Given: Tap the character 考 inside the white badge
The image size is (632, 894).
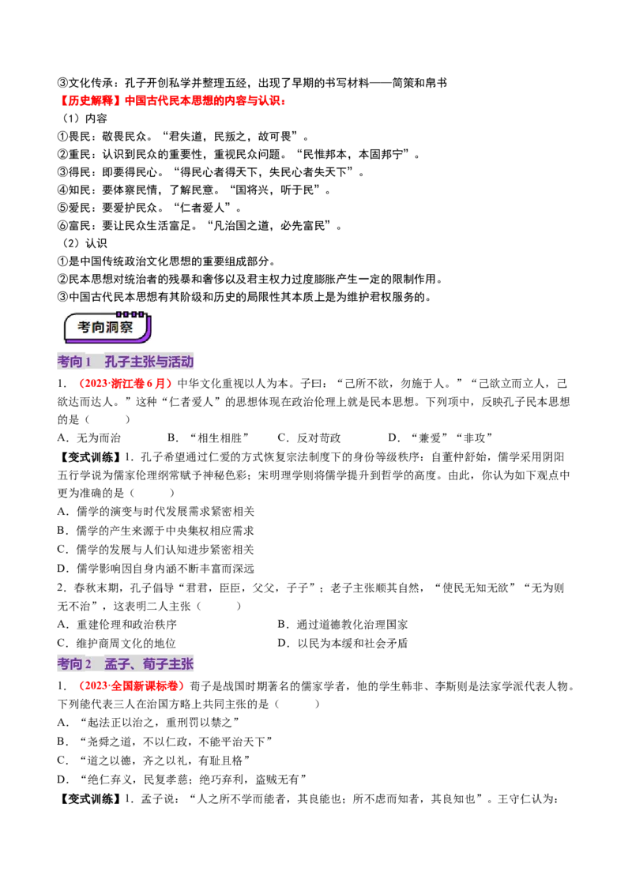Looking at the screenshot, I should pyautogui.click(x=85, y=327).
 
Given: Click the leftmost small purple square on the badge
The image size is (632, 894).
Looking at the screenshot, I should pyautogui.click(x=118, y=314).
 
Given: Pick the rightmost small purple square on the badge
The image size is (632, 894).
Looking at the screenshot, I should pyautogui.click(x=142, y=314).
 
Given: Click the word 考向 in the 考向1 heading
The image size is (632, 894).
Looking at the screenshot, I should pyautogui.click(x=70, y=362).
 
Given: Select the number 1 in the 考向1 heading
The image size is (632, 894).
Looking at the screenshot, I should pyautogui.click(x=89, y=362).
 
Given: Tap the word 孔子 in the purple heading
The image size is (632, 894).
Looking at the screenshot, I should pyautogui.click(x=117, y=362).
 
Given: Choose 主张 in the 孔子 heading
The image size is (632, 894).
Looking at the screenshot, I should pyautogui.click(x=143, y=362).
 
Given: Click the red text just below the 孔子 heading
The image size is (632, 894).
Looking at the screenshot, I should pyautogui.click(x=127, y=385).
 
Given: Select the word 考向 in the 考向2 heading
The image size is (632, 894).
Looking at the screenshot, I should pyautogui.click(x=70, y=664).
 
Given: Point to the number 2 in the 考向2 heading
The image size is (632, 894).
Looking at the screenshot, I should pyautogui.click(x=89, y=664).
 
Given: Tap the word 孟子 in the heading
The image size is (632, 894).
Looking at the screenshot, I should pyautogui.click(x=117, y=664).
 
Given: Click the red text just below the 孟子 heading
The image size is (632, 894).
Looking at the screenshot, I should pyautogui.click(x=133, y=687).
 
